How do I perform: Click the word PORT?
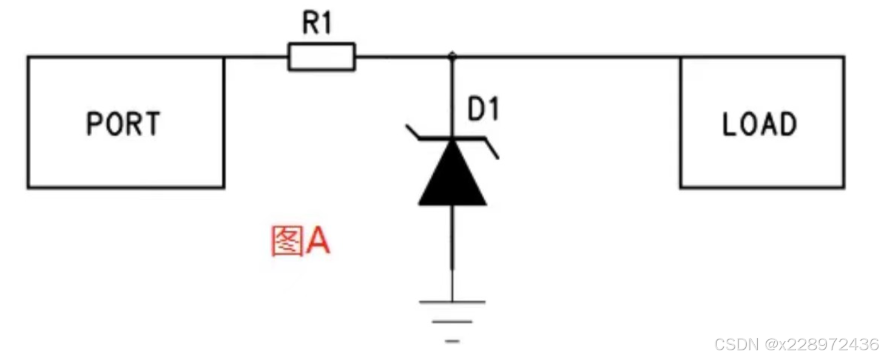pos(124,124)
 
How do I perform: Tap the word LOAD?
pos(760,124)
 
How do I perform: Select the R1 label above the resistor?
pos(318,25)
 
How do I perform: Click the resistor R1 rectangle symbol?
pos(321,56)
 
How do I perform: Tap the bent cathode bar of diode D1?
pos(452,139)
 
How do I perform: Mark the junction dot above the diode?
pos(452,56)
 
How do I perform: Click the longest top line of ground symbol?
pos(452,301)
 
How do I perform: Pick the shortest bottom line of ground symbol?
pos(452,342)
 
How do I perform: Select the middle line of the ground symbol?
pos(452,322)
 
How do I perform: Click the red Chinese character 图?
pos(286,242)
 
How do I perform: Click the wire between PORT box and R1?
pos(255,56)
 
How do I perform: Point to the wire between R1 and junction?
pos(403,56)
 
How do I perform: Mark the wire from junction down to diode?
pos(452,97)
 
